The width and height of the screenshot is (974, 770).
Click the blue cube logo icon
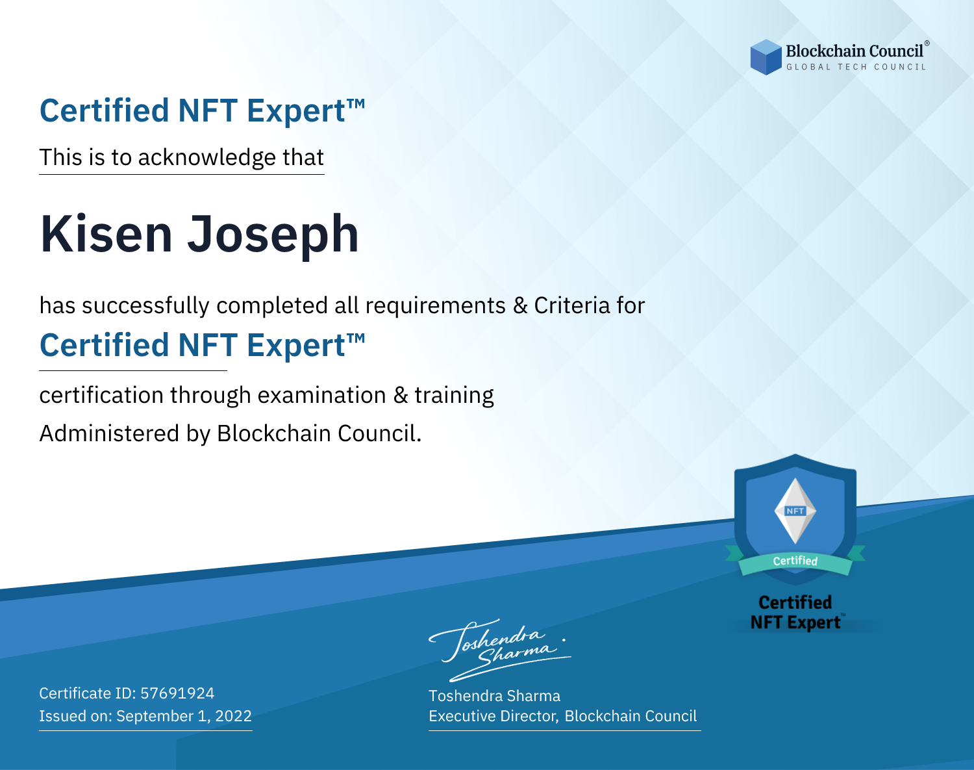(x=766, y=57)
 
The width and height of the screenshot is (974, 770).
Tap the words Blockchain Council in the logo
(x=855, y=51)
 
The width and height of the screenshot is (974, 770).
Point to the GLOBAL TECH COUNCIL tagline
(x=856, y=67)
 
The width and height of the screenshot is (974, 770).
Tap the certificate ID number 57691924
(x=177, y=693)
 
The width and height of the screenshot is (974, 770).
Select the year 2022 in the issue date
(x=233, y=715)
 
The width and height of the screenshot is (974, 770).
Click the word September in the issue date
(x=155, y=717)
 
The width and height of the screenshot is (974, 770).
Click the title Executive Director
(x=493, y=716)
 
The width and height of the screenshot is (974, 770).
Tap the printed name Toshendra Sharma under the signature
(x=494, y=696)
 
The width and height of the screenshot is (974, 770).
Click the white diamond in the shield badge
(x=795, y=511)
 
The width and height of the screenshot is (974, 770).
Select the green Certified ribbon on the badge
(x=795, y=561)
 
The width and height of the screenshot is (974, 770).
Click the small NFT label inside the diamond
(x=795, y=511)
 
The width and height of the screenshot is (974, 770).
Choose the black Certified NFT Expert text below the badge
(x=795, y=613)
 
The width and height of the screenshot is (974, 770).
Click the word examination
(x=321, y=395)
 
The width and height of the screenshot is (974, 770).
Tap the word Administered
(x=110, y=433)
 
